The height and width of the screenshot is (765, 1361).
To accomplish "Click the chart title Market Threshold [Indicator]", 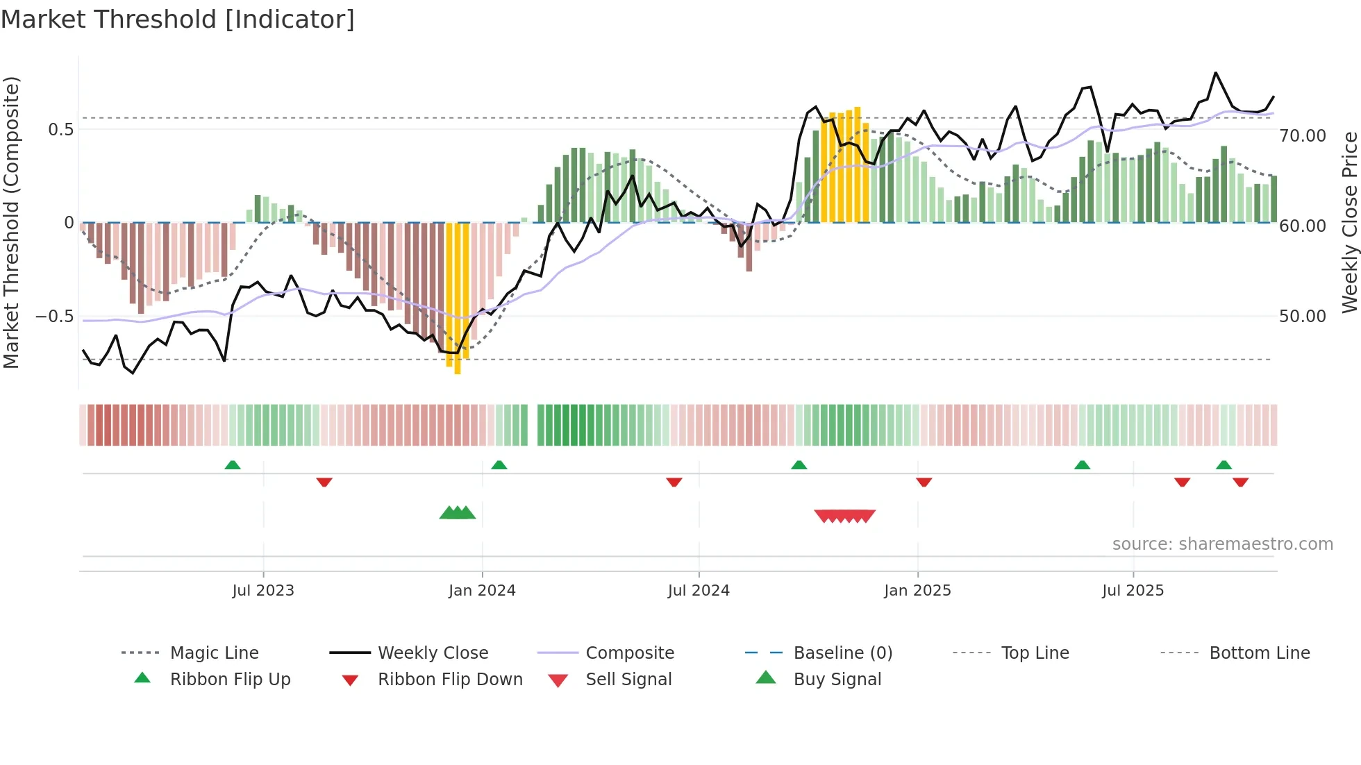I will click(x=178, y=19).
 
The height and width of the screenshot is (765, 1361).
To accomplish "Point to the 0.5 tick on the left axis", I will click(x=60, y=130).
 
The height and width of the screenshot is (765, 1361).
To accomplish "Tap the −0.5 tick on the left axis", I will click(x=54, y=317).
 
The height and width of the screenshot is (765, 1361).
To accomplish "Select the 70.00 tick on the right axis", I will click(x=1302, y=136).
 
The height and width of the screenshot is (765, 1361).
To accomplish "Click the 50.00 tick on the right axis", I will click(x=1302, y=317).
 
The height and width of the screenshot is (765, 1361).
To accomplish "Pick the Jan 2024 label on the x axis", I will click(x=482, y=591).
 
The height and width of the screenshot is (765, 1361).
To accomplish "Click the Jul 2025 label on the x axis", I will click(x=1133, y=591).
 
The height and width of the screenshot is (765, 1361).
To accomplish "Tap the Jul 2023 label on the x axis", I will click(x=263, y=591).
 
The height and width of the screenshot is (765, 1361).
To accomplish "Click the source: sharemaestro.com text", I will click(x=1222, y=544).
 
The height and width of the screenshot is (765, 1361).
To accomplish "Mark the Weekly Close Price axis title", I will click(x=1349, y=222).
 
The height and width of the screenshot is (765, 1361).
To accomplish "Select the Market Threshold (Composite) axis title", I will click(x=11, y=222).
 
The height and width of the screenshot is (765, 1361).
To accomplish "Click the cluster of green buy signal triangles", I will click(x=458, y=513).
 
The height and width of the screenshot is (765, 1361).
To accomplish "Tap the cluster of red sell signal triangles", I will click(x=844, y=516).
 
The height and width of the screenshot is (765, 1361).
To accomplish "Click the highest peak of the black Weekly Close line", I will click(x=1215, y=73).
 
